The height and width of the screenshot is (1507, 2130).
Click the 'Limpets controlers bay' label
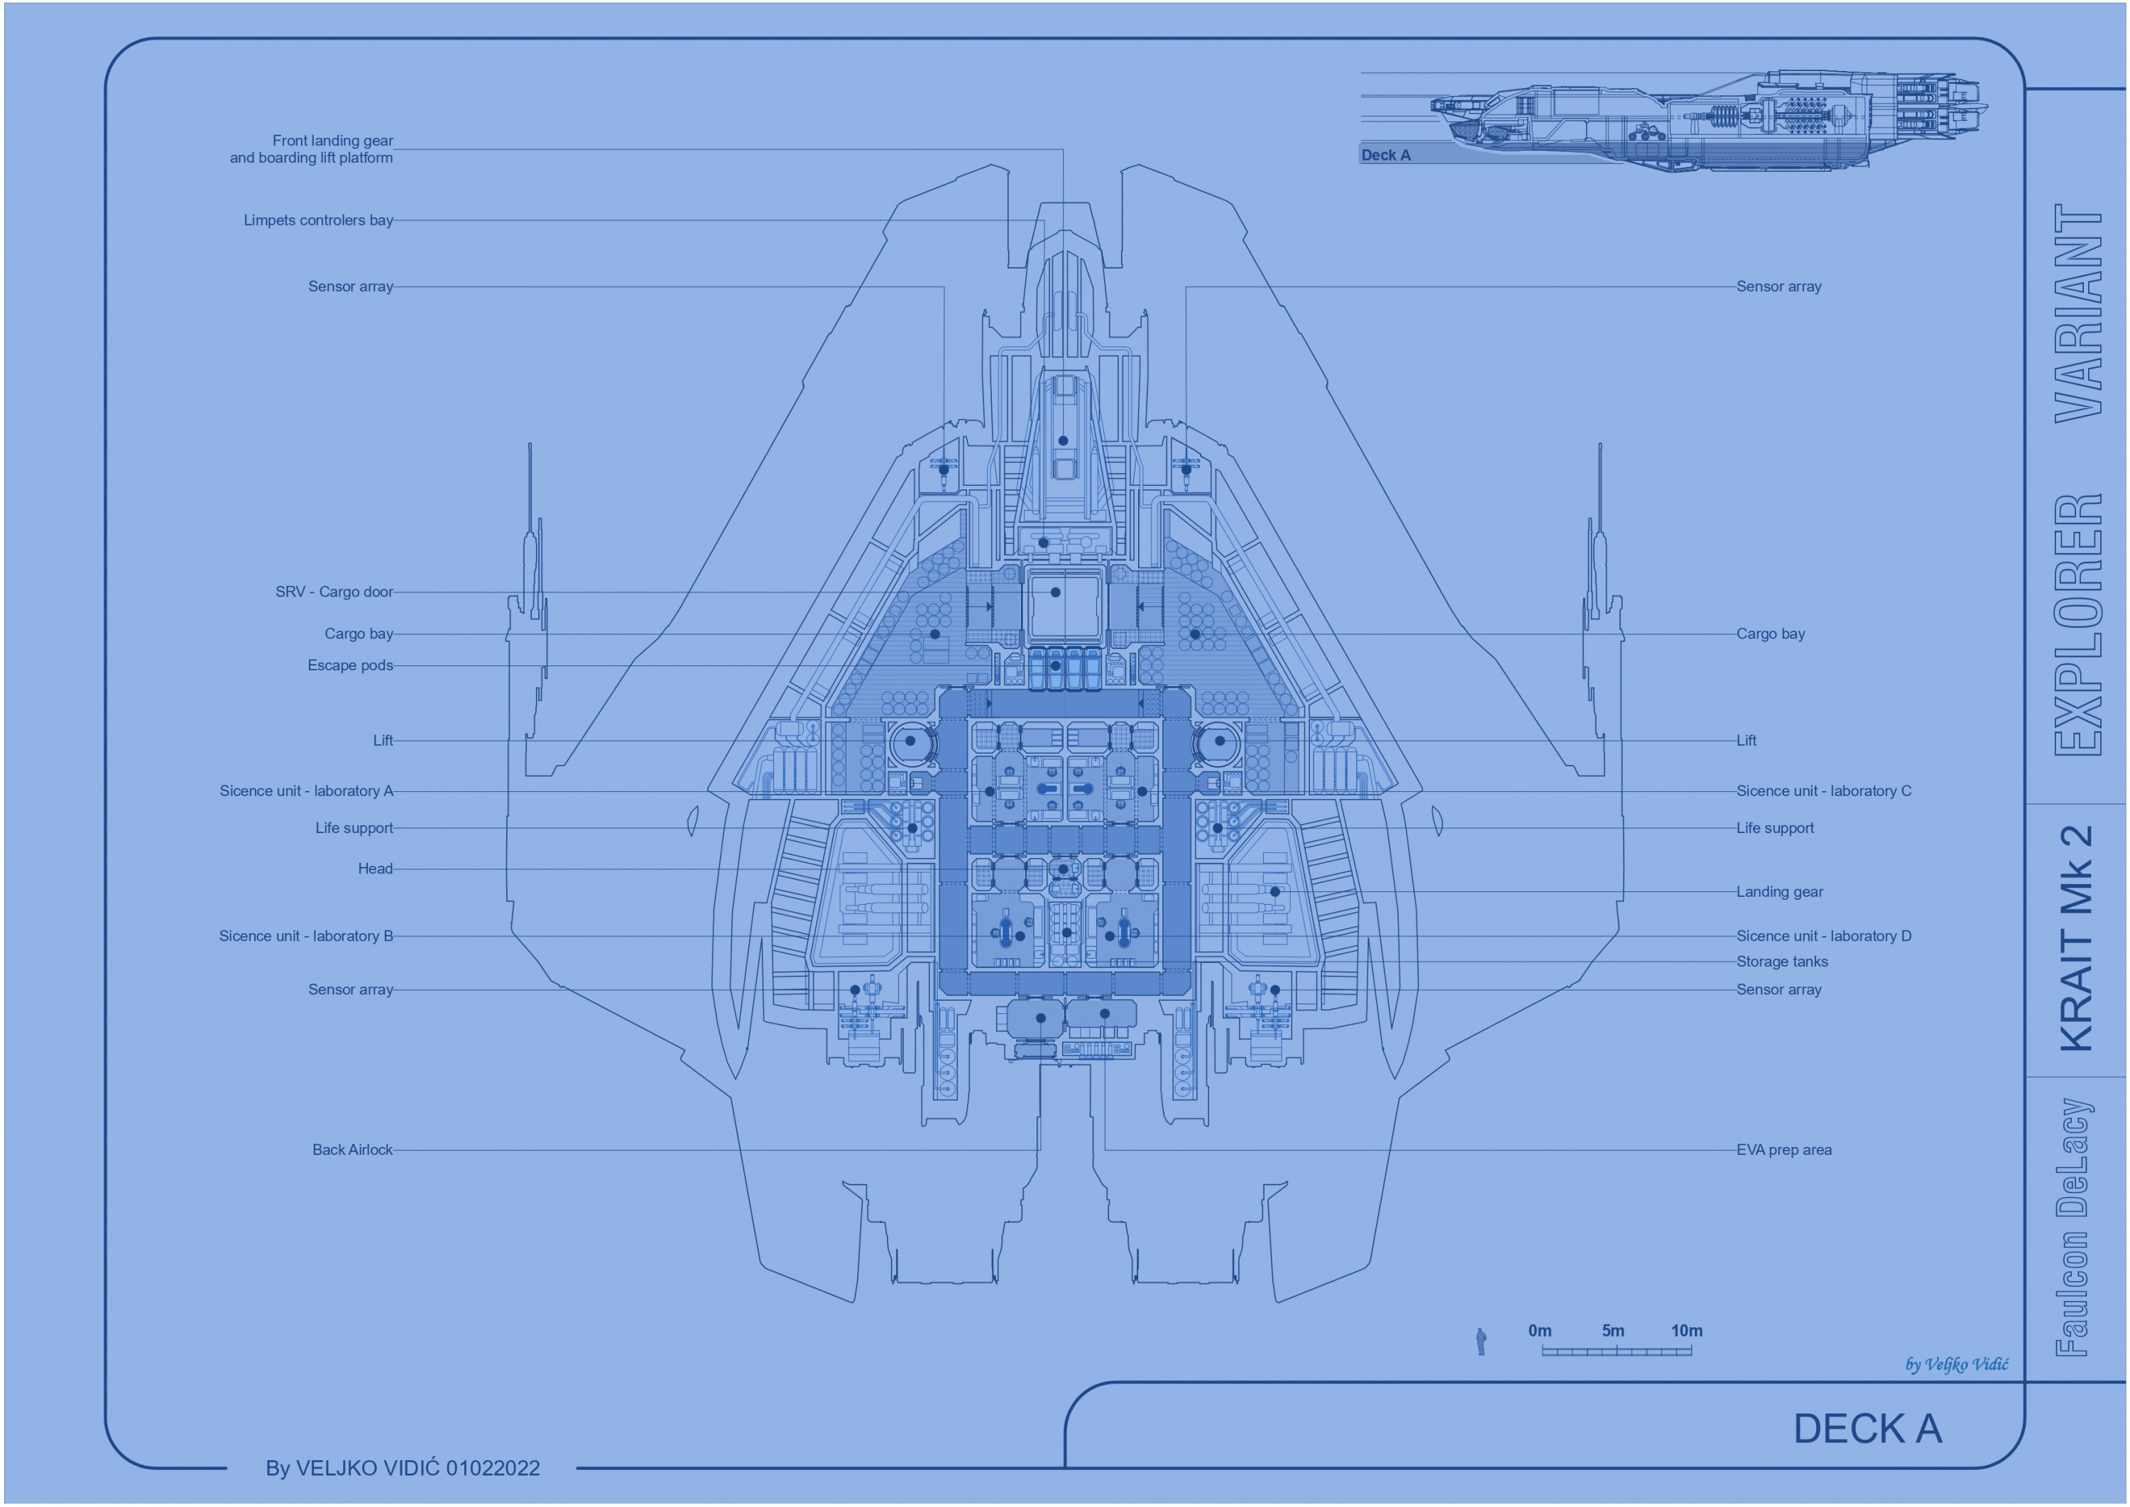coord(318,221)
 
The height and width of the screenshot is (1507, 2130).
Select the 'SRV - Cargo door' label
coord(334,592)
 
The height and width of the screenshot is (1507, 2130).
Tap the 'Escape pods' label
coord(350,665)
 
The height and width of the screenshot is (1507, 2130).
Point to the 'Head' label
coord(375,869)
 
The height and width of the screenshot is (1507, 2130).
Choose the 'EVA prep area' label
coord(1783,1150)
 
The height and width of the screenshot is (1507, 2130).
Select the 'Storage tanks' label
coord(1781,962)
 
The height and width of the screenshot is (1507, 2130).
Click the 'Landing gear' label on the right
coord(1779,892)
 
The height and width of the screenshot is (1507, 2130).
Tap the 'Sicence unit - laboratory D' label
coord(1823,936)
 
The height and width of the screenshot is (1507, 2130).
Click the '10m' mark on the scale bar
coord(1686,1331)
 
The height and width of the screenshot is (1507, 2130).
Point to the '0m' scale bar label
coord(1540,1331)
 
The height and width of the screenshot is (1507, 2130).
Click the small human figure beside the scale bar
coord(1480,1342)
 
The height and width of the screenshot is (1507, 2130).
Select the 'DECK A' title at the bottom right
coord(1867,1429)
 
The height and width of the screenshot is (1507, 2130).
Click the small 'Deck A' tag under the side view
coord(1385,155)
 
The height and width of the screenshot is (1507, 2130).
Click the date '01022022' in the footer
coord(493,1468)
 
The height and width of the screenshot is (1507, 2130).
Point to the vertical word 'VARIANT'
coord(2078,312)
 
